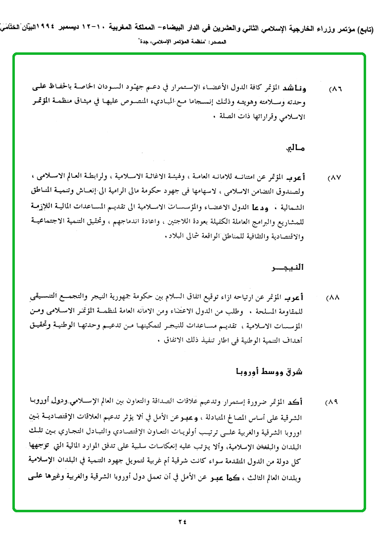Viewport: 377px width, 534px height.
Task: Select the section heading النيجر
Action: pos(288,268)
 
